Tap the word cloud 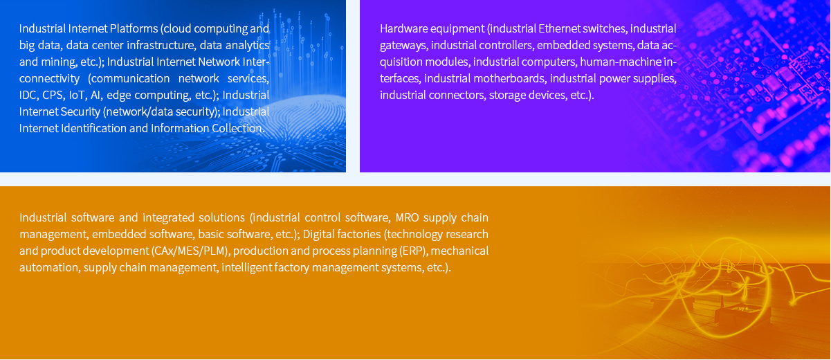point(177,28)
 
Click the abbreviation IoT point(77,96)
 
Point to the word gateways point(403,46)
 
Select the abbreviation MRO point(407,217)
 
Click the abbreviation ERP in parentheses point(414,251)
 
